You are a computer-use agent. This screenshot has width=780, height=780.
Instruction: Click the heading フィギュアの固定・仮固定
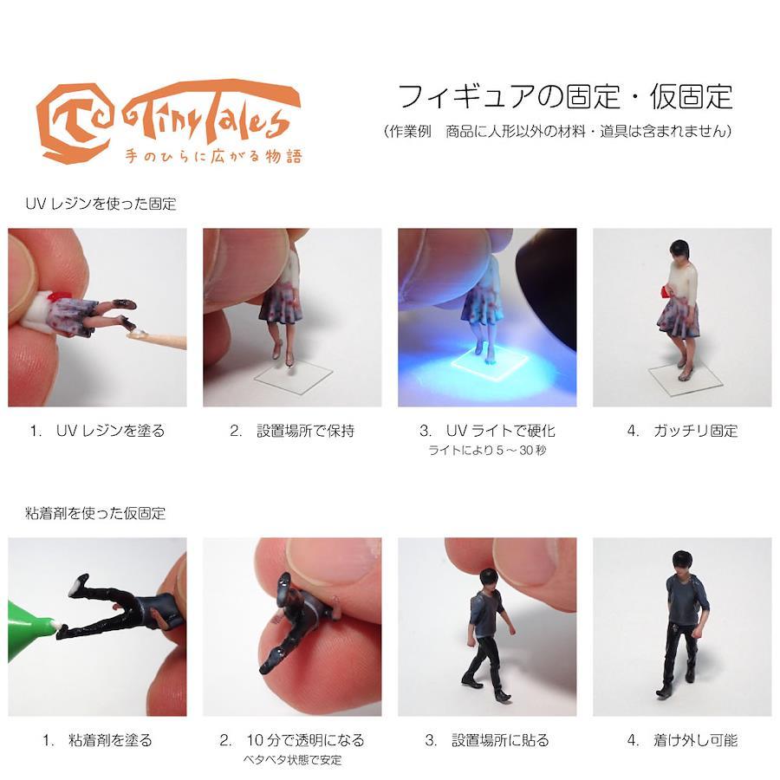[566, 96]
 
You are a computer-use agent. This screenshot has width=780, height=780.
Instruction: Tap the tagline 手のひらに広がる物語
[213, 156]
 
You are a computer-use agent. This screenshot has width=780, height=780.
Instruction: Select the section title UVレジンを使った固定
[101, 204]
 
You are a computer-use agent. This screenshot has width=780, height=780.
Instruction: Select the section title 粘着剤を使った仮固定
[95, 513]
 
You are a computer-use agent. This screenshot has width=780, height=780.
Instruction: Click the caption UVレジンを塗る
[110, 430]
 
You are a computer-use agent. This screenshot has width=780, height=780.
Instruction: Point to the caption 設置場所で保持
[305, 430]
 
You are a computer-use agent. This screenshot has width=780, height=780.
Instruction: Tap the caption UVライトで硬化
[500, 430]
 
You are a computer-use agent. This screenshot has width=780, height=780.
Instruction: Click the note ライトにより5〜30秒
[487, 450]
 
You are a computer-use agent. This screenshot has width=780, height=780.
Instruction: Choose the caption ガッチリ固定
[695, 430]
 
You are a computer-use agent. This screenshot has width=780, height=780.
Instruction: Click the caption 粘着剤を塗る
[110, 740]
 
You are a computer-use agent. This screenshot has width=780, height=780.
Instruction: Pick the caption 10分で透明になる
[305, 740]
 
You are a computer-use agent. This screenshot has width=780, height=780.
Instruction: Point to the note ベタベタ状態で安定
[293, 759]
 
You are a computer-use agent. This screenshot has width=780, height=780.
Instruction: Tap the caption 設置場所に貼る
[500, 740]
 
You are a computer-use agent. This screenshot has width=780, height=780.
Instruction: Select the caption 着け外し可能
[695, 740]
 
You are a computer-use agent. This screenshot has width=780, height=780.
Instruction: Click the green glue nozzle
[29, 621]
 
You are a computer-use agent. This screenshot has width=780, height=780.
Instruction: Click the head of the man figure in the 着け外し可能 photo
[682, 562]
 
